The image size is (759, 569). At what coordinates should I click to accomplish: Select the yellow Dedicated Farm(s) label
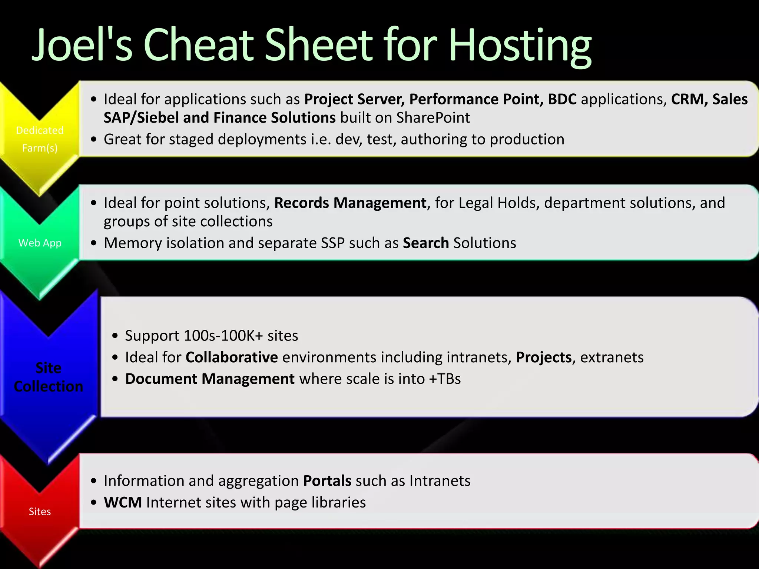40,139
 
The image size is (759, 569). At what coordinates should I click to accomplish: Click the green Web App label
40,243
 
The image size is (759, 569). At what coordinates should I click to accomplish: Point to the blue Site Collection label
49,377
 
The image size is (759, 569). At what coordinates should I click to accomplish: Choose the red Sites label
40,512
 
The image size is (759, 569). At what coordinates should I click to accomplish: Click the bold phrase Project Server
354,99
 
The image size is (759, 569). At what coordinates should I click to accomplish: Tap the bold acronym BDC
562,99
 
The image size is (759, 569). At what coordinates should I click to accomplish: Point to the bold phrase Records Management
350,203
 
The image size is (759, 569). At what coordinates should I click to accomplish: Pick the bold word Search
426,243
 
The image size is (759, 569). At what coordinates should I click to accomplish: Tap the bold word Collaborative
232,357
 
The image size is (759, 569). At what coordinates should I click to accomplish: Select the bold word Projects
544,357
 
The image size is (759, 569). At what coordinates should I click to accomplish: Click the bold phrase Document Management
210,379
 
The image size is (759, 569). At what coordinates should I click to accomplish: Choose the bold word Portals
327,481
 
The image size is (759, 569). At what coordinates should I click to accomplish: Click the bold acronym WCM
123,503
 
